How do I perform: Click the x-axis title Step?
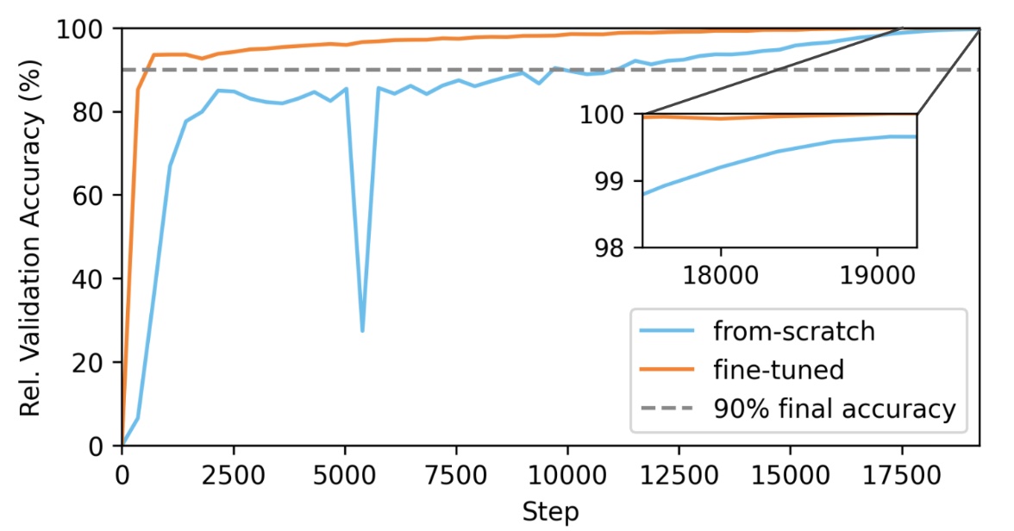tap(550, 511)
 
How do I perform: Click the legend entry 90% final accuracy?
tap(833, 409)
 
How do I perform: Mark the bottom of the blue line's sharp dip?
tap(362, 330)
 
